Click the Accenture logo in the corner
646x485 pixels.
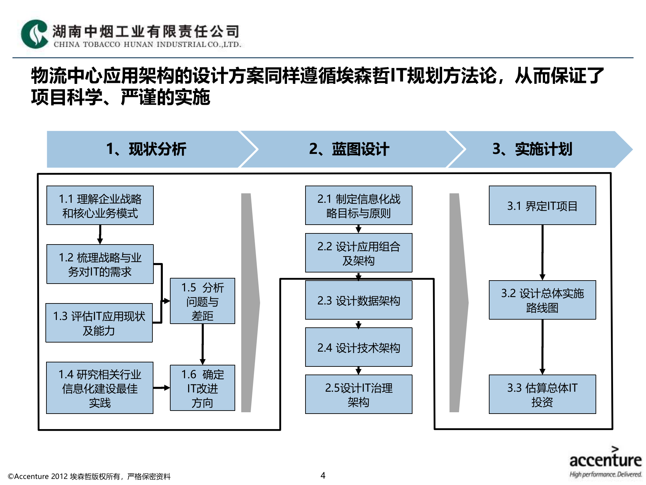[605, 462]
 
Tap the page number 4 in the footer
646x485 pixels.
[323, 476]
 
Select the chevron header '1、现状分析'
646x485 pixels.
[146, 149]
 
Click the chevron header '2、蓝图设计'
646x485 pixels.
[349, 149]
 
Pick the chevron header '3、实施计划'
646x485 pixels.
[532, 149]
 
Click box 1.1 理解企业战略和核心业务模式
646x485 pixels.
[100, 205]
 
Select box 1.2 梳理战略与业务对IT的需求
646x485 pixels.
[100, 264]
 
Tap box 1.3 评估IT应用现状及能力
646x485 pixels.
[99, 323]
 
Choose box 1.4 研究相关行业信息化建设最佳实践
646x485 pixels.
[100, 388]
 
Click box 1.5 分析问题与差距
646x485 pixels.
[202, 301]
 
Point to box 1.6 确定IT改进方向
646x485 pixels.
[202, 388]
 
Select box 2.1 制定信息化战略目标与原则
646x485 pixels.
[359, 205]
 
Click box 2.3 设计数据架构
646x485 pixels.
[359, 300]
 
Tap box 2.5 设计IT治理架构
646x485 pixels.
[359, 394]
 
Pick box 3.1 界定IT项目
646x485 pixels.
[542, 205]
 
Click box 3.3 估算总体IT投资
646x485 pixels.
[542, 394]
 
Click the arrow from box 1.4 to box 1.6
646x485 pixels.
[161, 388]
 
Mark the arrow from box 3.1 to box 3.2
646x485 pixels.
[542, 253]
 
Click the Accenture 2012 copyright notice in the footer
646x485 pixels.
[89, 476]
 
